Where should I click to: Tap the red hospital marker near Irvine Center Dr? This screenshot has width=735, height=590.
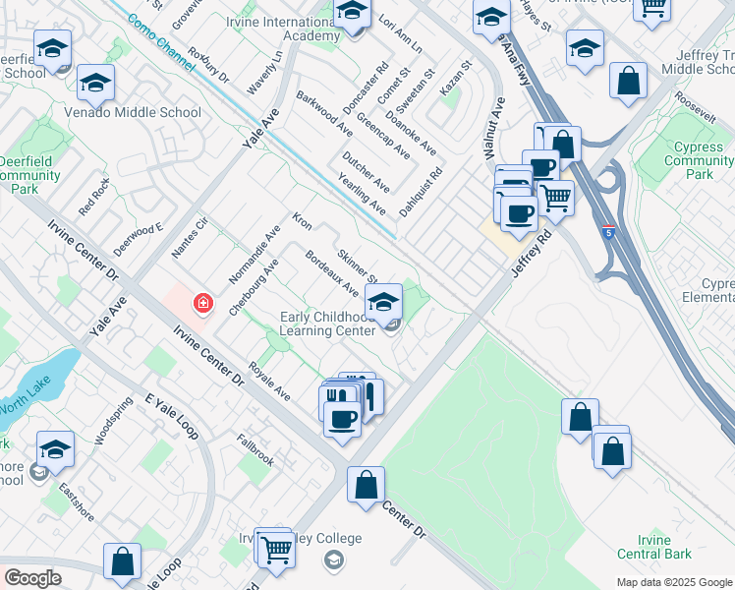pos(203,303)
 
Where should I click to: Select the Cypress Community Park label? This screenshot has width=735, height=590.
pos(700,160)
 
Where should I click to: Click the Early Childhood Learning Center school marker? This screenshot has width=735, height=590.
pos(383,302)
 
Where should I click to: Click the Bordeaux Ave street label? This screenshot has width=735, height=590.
pos(331,271)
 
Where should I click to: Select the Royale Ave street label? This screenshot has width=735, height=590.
pos(269,382)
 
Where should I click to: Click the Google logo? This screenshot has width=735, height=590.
pos(32,578)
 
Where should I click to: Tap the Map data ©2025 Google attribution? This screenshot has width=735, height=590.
pos(673,582)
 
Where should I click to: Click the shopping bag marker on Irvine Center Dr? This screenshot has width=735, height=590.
pos(366,485)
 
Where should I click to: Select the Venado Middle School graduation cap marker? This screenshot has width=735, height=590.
pos(95,84)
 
